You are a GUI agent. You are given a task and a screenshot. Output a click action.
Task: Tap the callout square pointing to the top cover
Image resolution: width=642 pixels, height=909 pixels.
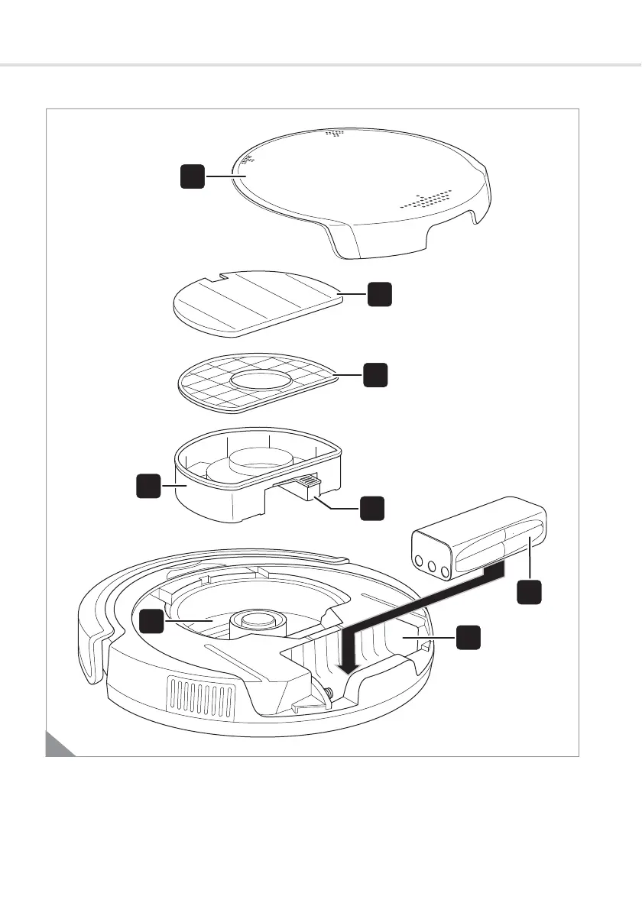coord(193,177)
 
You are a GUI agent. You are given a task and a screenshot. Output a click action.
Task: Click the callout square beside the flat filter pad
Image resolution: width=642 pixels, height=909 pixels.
coord(380,294)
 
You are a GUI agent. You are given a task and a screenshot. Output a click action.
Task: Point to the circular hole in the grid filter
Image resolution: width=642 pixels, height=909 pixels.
coord(260,380)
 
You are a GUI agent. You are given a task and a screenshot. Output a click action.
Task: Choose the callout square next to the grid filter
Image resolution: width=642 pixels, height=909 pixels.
coord(374,375)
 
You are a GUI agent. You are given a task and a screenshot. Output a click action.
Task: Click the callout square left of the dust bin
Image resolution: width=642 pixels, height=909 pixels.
coord(148,486)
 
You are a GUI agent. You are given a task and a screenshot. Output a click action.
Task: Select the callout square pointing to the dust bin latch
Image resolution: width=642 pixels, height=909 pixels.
coord(372,507)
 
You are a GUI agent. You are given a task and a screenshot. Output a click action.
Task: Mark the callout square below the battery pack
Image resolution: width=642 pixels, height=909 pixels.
coord(529,594)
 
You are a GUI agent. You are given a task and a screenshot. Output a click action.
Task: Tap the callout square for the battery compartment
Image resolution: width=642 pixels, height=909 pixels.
coord(469,636)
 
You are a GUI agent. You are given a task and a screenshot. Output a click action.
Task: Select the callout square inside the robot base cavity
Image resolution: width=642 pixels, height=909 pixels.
coord(151,621)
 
